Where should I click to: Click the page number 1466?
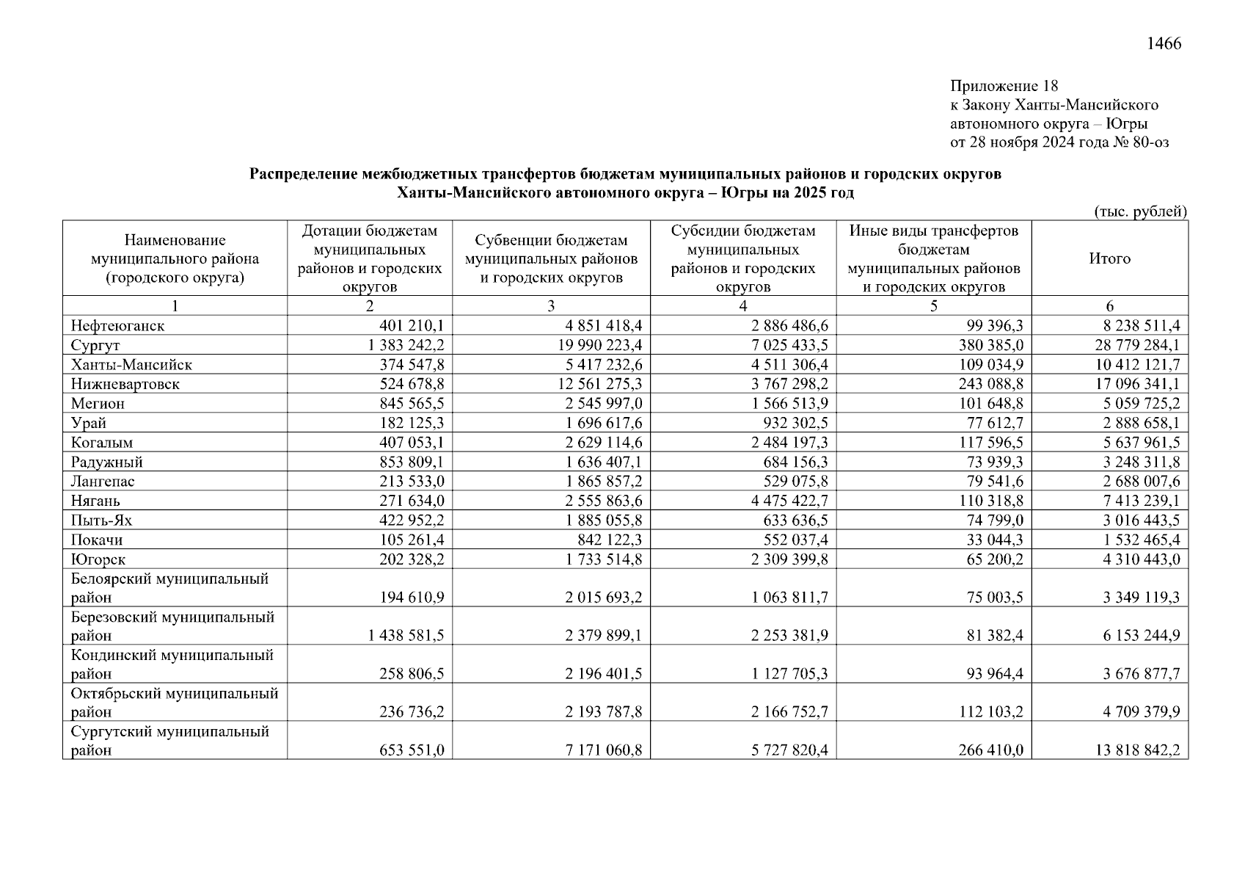click(x=1164, y=44)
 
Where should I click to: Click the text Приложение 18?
click(x=1004, y=86)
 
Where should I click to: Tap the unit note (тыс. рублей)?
click(x=1140, y=211)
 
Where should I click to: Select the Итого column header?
click(x=1109, y=258)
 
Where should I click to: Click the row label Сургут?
click(x=95, y=345)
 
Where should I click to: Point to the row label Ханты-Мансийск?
click(x=131, y=365)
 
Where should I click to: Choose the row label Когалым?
click(x=102, y=443)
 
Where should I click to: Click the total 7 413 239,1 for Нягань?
click(x=1142, y=501)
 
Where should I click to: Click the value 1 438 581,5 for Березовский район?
click(x=406, y=636)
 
